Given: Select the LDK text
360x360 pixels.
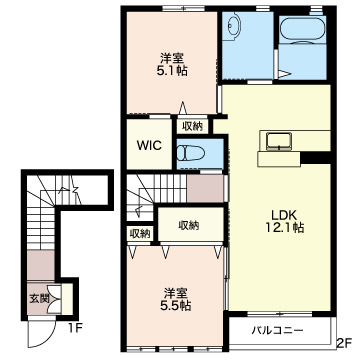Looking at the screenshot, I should coord(279,213).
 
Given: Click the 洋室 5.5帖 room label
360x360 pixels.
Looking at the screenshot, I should coord(176,299).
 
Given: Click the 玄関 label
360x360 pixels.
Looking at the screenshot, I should coord(36,296).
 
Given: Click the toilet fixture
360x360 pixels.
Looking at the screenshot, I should coord(190,154).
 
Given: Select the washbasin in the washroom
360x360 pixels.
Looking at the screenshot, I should coord(235,28).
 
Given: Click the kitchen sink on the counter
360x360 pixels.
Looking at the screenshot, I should coord(275,138).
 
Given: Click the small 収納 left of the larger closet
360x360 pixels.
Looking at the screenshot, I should coord(139,232).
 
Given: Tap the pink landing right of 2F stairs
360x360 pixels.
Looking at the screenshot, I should coord(204,189).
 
